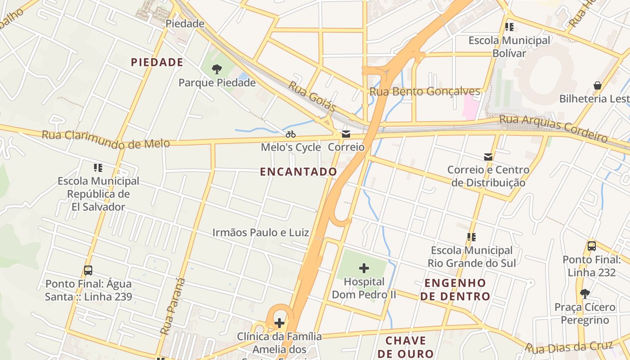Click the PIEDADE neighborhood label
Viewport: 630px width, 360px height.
click(x=157, y=63)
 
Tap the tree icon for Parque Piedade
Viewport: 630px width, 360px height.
click(x=217, y=69)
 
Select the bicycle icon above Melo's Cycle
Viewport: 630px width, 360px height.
click(x=291, y=134)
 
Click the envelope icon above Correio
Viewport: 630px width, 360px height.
click(x=346, y=134)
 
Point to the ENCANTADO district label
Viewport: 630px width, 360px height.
click(x=298, y=171)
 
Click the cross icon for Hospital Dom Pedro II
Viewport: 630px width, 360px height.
click(x=364, y=269)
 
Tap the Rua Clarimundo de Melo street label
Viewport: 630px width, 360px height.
click(x=106, y=139)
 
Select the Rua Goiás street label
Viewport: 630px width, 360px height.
click(x=312, y=96)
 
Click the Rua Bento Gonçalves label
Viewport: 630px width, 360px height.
click(x=425, y=92)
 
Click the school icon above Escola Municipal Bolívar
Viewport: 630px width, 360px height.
click(x=509, y=27)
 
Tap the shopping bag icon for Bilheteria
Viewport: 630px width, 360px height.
click(x=598, y=85)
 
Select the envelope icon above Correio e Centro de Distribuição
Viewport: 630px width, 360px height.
click(x=488, y=157)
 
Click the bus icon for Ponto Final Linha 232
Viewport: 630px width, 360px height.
click(x=592, y=246)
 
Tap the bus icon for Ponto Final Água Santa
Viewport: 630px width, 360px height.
click(x=88, y=270)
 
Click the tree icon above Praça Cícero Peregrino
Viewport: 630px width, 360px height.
click(x=585, y=294)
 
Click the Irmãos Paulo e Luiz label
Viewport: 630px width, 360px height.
click(x=261, y=233)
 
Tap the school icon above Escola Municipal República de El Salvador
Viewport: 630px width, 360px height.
click(x=98, y=168)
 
